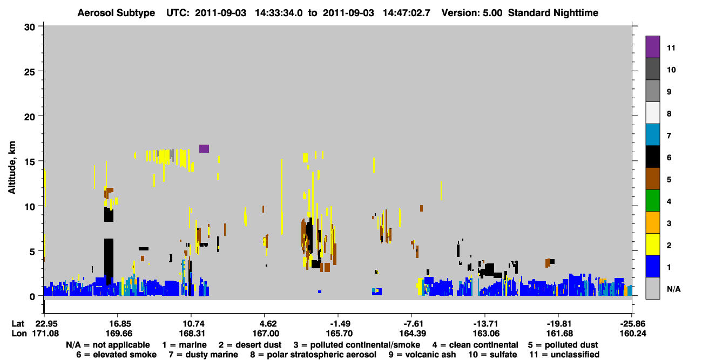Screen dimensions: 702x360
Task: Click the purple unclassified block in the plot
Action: (204, 148)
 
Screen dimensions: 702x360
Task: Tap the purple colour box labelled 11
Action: (652, 47)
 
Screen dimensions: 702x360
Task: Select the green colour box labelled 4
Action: (652, 201)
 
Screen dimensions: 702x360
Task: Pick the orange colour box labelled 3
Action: (652, 222)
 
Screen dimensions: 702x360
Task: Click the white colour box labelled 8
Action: (652, 113)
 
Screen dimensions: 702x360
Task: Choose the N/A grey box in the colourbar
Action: (652, 288)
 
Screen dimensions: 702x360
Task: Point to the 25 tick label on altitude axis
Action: (30, 72)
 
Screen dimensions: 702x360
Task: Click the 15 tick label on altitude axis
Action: (30, 162)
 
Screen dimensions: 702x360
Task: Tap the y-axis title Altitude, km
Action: (11, 168)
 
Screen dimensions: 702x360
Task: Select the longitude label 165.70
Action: (339, 334)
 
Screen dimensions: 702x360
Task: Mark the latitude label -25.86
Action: (633, 324)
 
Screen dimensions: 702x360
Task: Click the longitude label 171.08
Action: (45, 334)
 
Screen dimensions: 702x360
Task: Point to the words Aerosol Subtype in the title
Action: (116, 13)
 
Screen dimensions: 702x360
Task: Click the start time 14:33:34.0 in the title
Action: (279, 13)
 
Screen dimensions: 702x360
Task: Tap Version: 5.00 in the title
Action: (471, 13)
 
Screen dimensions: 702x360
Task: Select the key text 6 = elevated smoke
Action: (116, 355)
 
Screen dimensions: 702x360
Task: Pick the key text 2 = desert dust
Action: (250, 345)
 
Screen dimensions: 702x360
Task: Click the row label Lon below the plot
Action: (19, 334)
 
